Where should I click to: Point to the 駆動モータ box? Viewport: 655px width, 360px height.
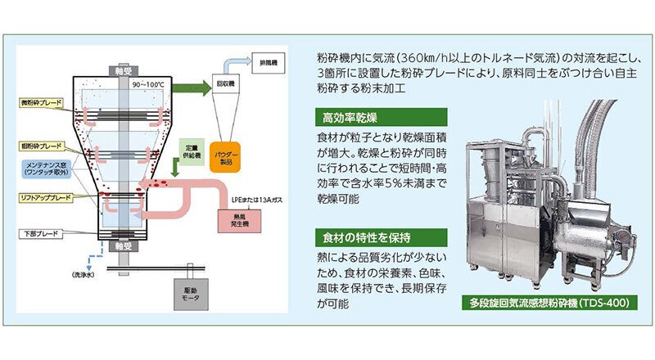point(187,292)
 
